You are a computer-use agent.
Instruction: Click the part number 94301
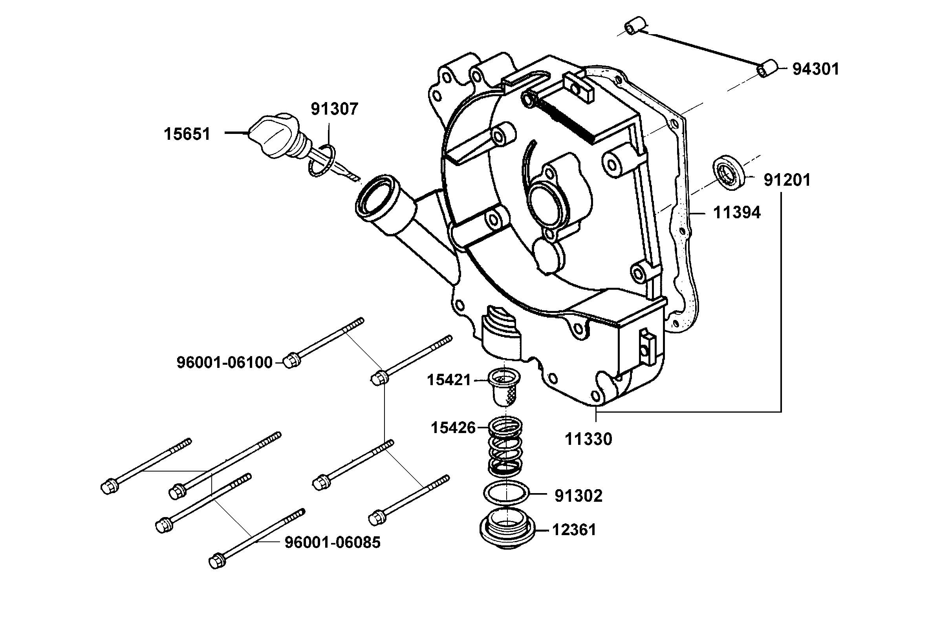click(x=815, y=69)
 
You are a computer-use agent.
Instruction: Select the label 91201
click(x=787, y=180)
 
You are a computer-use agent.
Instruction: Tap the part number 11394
click(x=737, y=213)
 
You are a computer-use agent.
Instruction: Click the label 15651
click(x=187, y=134)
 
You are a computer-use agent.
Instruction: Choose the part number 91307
click(x=334, y=109)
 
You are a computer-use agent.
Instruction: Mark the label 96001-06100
click(x=224, y=363)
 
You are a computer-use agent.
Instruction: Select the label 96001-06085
click(x=332, y=543)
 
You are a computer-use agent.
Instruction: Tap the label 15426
click(x=453, y=428)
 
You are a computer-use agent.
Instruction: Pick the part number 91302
click(x=578, y=496)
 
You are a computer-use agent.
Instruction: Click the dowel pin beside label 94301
click(x=767, y=69)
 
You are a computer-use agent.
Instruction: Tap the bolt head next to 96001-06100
click(x=290, y=361)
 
